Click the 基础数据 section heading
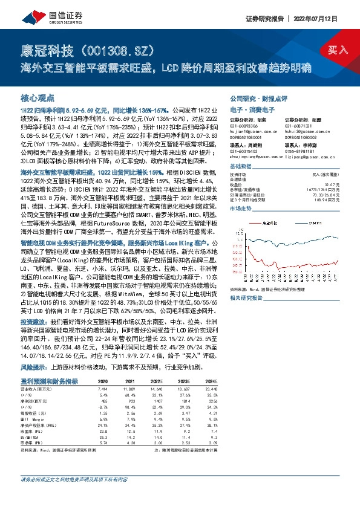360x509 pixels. (240, 166)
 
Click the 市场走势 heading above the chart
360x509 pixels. (240, 208)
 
